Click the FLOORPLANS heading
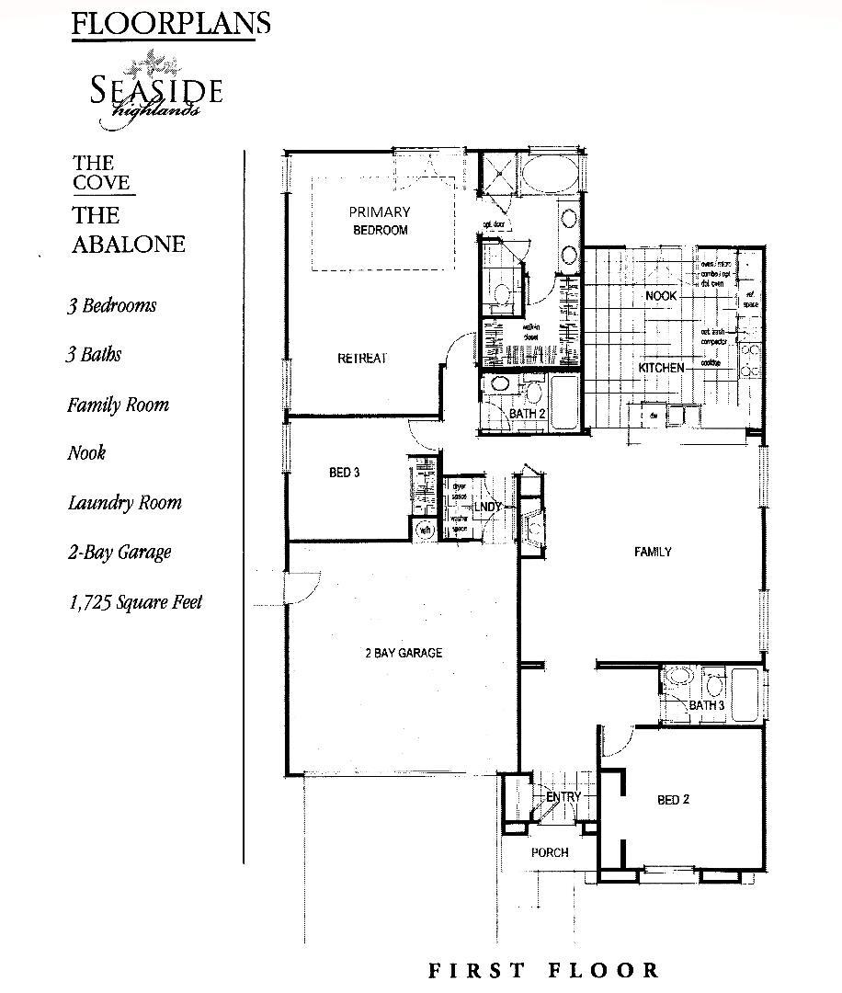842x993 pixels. click(x=170, y=23)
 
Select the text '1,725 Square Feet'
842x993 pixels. click(x=134, y=602)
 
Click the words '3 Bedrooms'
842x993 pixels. click(x=110, y=306)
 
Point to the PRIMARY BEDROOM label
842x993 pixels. click(x=380, y=221)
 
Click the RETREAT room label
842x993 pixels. click(x=361, y=359)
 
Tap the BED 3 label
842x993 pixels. click(x=344, y=473)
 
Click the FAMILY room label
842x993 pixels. click(x=653, y=552)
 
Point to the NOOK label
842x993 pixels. click(x=661, y=296)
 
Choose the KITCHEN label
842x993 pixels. click(x=662, y=368)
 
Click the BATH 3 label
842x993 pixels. click(x=707, y=705)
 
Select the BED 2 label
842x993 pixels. click(x=673, y=800)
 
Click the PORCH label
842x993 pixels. click(x=550, y=852)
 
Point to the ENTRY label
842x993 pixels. click(x=563, y=796)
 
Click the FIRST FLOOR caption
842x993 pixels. click(x=543, y=970)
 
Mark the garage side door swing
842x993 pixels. click(x=301, y=588)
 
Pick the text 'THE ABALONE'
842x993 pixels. click(x=129, y=229)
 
